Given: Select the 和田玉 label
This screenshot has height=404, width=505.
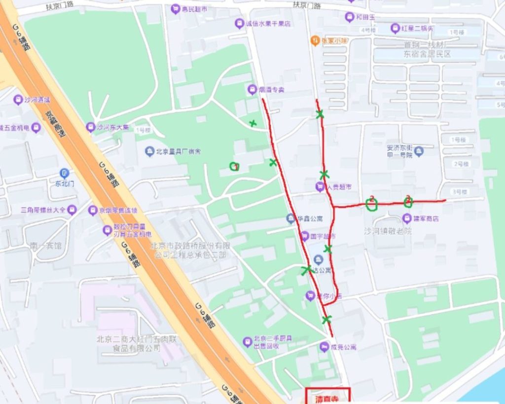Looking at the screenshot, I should (365, 17).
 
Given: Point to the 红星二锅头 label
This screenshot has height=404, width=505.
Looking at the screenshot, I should (417, 28).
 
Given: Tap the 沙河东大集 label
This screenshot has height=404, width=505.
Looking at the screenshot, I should (112, 127).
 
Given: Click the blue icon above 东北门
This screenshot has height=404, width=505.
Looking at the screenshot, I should (65, 173).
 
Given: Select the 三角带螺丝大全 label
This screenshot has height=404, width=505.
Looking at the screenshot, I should (42, 210).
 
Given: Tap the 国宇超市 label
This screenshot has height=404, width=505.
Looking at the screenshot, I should (323, 237).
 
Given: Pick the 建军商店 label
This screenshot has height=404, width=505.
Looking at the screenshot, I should (426, 218).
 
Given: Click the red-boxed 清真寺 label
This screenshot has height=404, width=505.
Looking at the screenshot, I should (327, 397).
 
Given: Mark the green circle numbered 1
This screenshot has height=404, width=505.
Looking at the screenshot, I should (235, 167).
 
